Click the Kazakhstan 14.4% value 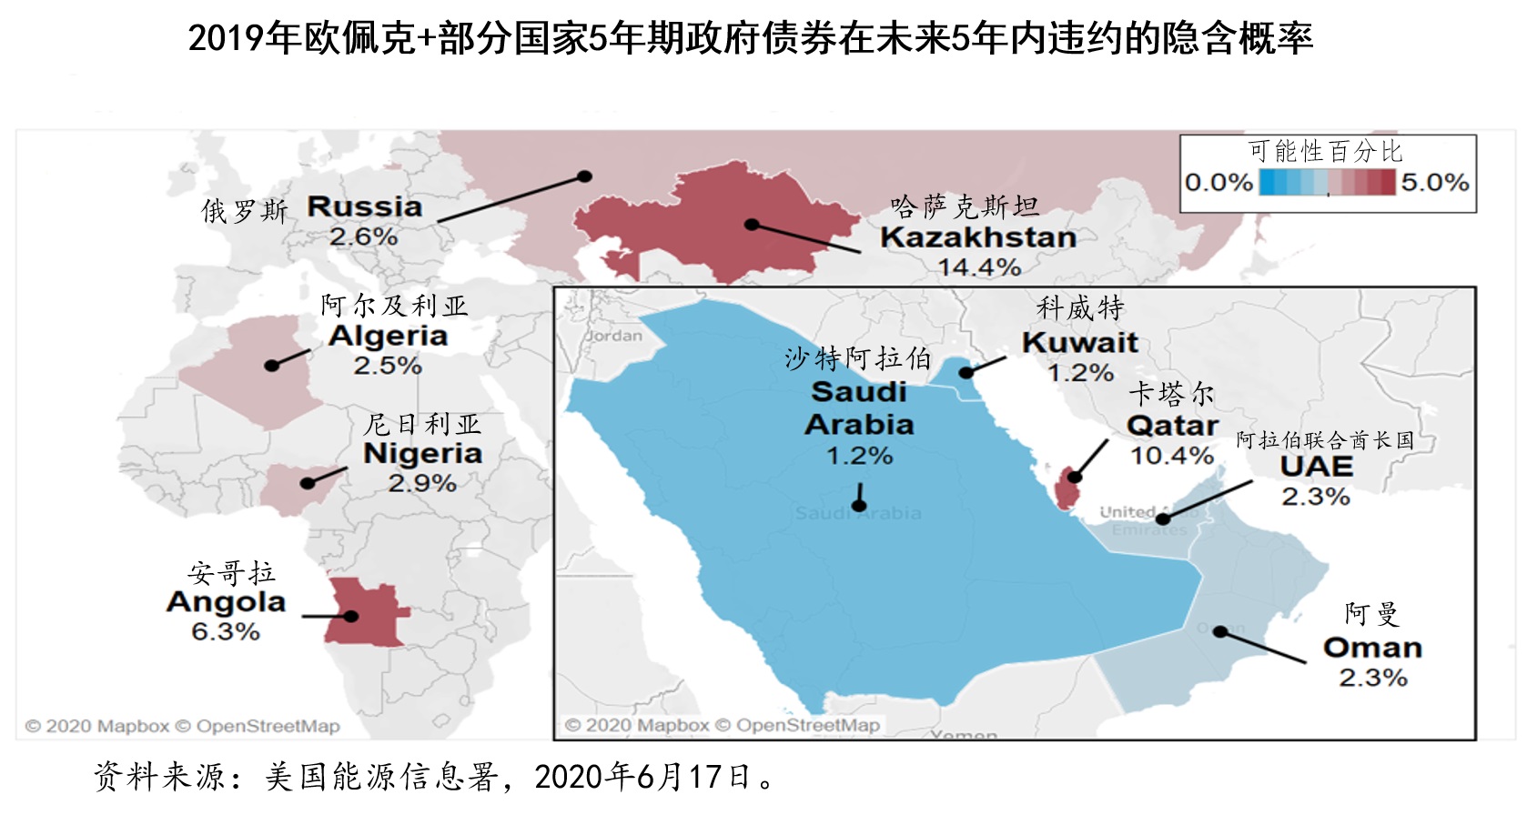tap(979, 267)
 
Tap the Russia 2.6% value tap(363, 236)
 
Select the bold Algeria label tap(388, 336)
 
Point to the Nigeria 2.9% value tap(422, 483)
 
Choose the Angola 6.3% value tap(226, 631)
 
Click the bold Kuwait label tap(1079, 343)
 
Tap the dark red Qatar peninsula tap(1066, 489)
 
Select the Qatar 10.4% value tap(1171, 455)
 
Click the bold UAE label tap(1316, 467)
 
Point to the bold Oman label tap(1372, 648)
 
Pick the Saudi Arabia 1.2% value tap(859, 455)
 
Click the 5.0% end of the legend tap(1434, 183)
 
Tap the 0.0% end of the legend tap(1218, 183)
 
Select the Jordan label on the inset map tap(613, 336)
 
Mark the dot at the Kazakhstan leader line tap(752, 224)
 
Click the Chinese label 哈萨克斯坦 tap(965, 207)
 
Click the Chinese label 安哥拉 tap(231, 573)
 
